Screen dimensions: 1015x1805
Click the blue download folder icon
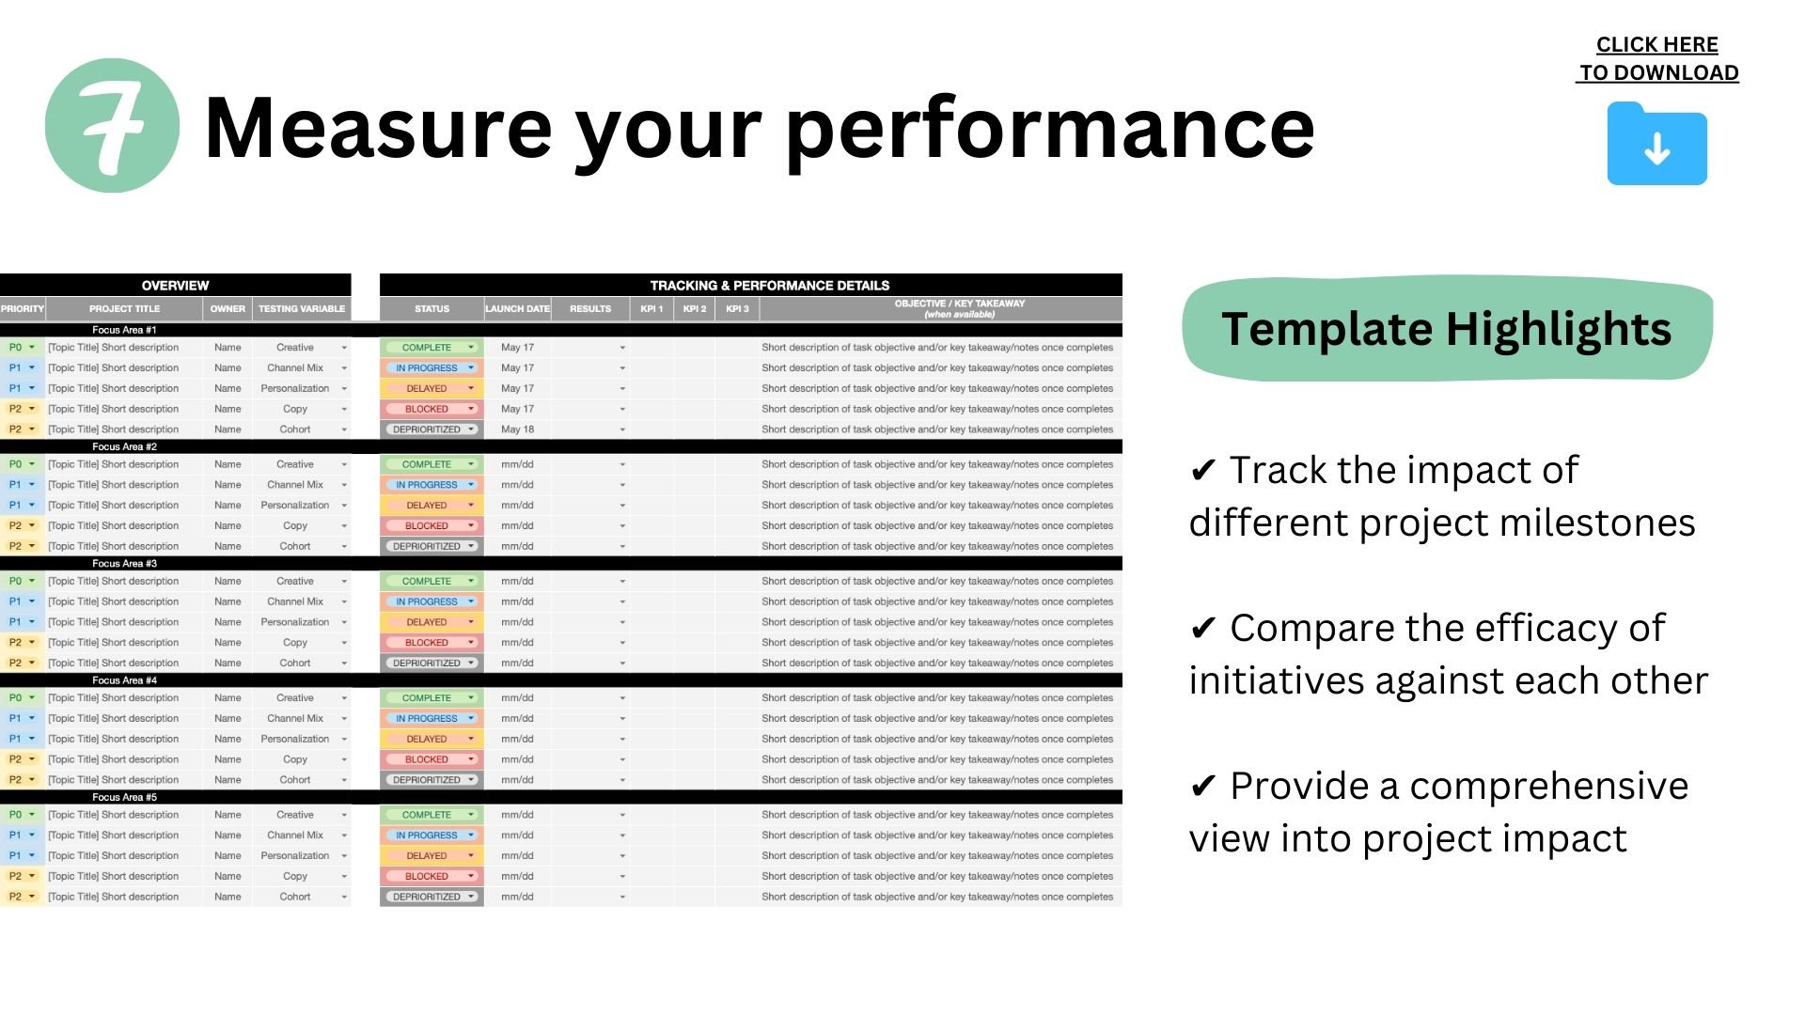[1656, 144]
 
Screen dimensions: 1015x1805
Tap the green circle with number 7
[112, 126]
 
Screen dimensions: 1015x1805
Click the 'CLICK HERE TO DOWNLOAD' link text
[1657, 58]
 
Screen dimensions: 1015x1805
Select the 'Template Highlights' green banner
[1446, 329]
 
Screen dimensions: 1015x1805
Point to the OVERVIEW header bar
[175, 285]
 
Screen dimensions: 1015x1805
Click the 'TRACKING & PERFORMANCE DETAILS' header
[769, 285]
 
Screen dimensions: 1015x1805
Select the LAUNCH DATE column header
[517, 308]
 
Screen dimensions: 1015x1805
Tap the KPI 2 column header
[695, 308]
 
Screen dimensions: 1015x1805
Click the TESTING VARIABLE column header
[302, 308]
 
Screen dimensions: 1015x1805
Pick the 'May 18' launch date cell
[517, 429]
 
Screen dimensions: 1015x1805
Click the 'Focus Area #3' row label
[124, 564]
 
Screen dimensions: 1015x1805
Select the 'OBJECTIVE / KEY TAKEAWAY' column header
[959, 308]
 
